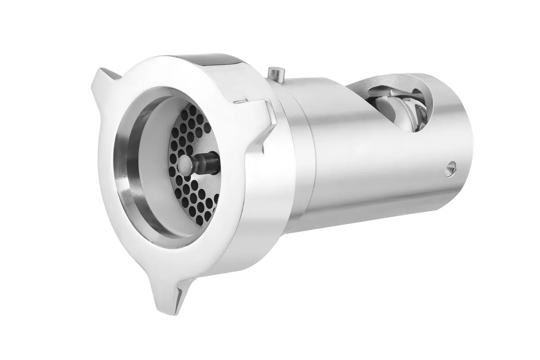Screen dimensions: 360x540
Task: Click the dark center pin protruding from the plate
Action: (205, 162)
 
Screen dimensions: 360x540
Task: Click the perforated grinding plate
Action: (193, 189)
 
